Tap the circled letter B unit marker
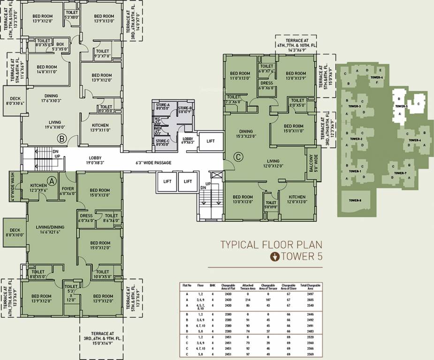[61, 138]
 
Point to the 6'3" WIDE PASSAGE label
[153, 163]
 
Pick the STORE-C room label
[162, 142]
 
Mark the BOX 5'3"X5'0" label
[60, 46]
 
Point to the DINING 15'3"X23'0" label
[246, 134]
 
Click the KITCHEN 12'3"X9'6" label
[38, 188]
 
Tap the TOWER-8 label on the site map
[355, 201]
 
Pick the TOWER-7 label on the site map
[400, 173]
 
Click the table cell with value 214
[248, 299]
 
